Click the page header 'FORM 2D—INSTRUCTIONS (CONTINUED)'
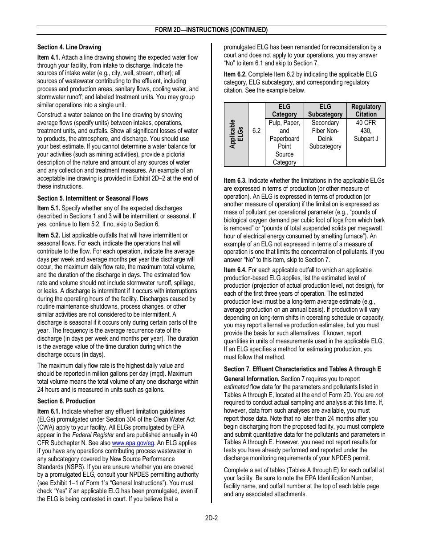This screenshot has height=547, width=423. pos(211,30)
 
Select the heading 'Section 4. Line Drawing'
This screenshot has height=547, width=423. pos(69,47)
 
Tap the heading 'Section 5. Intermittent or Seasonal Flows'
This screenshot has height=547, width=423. pos(93,198)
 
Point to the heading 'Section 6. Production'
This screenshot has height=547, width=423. pos(66,401)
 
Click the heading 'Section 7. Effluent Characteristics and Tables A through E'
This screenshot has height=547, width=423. pos(302,369)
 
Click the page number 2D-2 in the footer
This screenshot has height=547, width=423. pos(211,518)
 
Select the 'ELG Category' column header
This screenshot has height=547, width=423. pos(284,110)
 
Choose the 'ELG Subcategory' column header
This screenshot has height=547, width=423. pos(325,110)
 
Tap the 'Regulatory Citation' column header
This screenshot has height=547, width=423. pos(366,110)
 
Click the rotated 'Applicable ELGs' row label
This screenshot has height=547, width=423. pos(236,134)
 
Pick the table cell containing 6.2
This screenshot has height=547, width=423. pos(256,131)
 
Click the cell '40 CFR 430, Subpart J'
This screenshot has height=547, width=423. pos(366,131)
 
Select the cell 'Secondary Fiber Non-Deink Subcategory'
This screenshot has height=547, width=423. pos(325,134)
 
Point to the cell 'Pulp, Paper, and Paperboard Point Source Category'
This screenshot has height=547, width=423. pos(284,142)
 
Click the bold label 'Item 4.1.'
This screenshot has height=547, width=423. pos(49,57)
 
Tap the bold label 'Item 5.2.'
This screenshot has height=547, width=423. pos(49,235)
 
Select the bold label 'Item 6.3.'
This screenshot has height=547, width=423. pos(235,181)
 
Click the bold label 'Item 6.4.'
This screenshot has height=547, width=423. pos(235,270)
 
